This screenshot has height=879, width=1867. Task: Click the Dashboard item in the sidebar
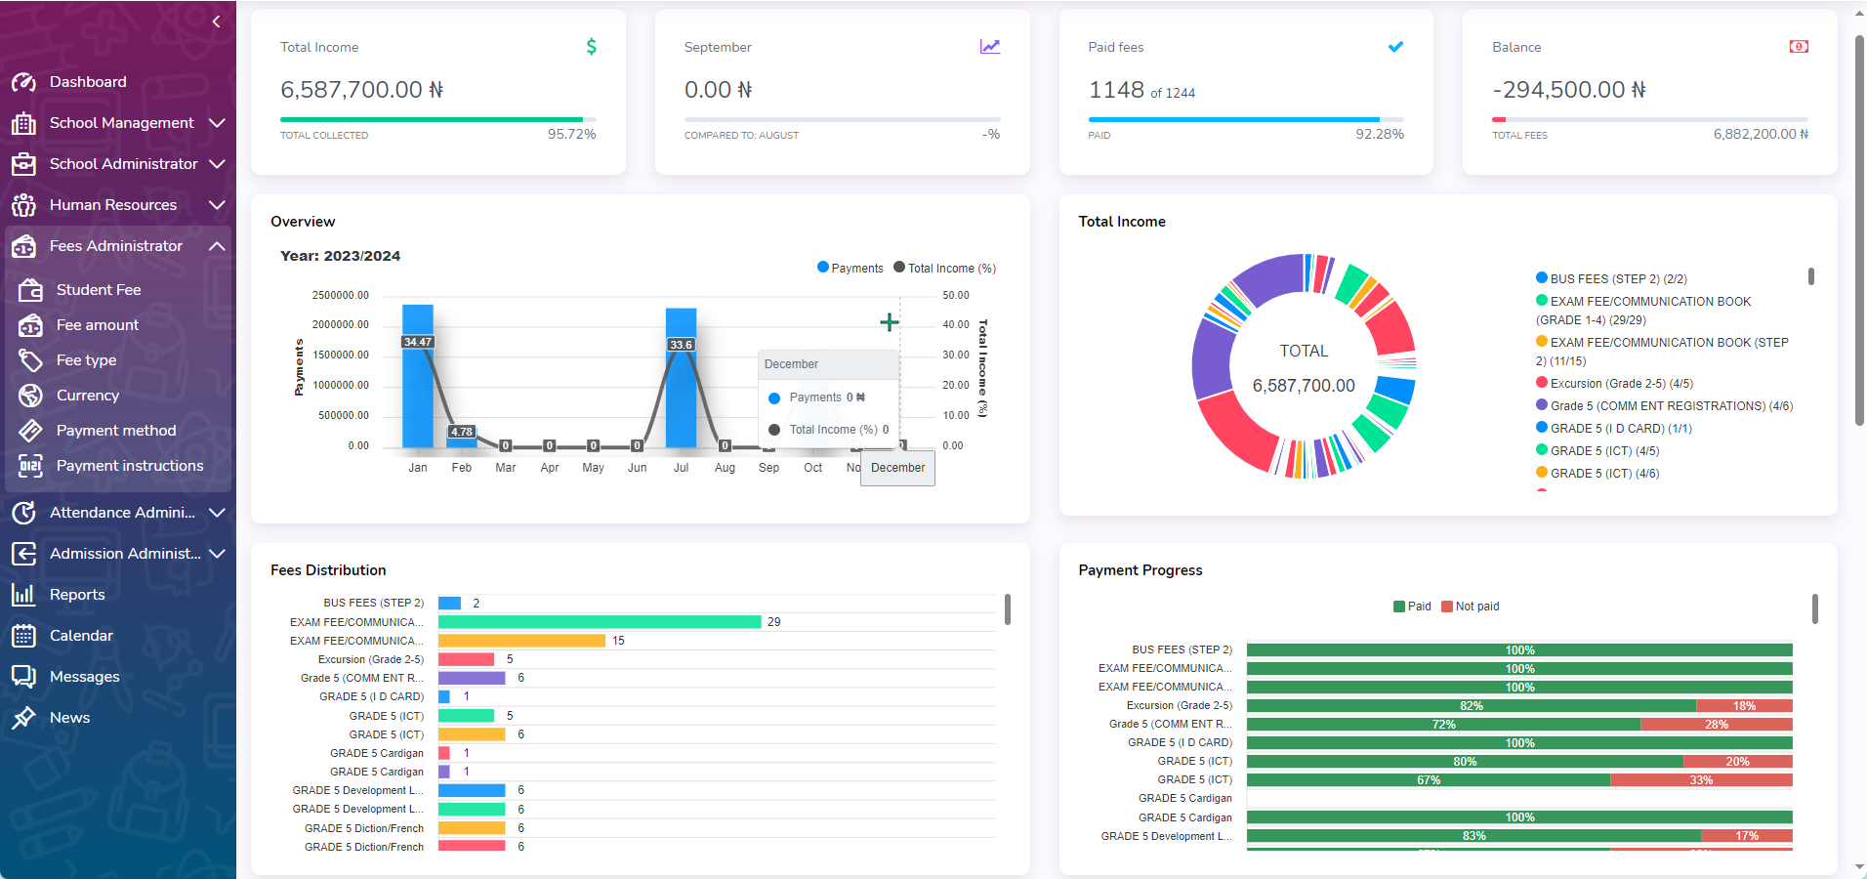88,82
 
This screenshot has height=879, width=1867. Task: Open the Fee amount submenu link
97,325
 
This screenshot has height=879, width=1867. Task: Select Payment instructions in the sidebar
129,466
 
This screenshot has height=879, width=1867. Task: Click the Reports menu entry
76,595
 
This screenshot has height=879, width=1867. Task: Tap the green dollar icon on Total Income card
591,47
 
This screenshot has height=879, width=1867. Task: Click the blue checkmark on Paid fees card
1395,47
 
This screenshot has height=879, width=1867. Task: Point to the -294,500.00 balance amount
1568,90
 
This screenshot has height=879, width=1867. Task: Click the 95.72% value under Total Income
571,134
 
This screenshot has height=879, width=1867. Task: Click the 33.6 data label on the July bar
681,345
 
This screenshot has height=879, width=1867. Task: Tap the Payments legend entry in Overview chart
851,269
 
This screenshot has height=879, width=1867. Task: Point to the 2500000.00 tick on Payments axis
340,295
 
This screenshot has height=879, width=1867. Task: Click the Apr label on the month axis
550,468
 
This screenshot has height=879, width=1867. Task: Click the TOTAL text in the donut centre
1304,352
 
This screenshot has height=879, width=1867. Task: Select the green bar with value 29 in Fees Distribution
599,622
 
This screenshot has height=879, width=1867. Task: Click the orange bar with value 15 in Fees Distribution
521,641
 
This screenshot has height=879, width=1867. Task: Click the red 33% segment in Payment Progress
1700,780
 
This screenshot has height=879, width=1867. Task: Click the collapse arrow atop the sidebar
216,21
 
